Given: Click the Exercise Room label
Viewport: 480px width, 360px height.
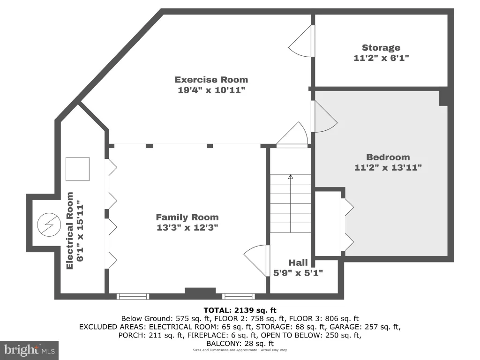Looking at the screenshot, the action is tap(211, 80).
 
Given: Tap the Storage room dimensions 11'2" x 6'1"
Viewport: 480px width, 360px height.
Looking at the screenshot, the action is tap(381, 58).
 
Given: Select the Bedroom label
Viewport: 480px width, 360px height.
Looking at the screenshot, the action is tap(388, 157).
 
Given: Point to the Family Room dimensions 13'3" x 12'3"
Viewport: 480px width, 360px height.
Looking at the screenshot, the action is tap(187, 227).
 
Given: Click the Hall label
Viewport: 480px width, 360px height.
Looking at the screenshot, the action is tap(298, 262).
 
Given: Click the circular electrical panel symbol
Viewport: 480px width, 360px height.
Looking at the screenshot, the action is tap(49, 225).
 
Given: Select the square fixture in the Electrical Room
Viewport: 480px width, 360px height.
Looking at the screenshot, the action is tap(78, 169).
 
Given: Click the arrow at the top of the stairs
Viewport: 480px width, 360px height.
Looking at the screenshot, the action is tap(291, 177).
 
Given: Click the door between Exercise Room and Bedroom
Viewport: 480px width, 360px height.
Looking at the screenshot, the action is tap(325, 117).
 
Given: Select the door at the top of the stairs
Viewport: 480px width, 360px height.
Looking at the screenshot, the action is tap(293, 134).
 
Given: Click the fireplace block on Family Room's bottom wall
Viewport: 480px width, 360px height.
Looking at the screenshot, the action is tap(201, 292).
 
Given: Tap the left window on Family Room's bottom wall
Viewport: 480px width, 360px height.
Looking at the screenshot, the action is tap(133, 296).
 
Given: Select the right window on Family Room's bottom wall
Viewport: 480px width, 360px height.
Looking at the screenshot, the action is tap(239, 296).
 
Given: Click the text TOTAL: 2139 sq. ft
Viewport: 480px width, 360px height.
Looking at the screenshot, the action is tap(240, 310).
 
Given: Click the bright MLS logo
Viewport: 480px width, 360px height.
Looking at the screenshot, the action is tap(30, 350).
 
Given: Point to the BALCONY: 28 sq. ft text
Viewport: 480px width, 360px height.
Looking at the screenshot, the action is tap(240, 344).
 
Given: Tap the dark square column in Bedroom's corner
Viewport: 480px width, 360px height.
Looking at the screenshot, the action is tap(443, 98).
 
